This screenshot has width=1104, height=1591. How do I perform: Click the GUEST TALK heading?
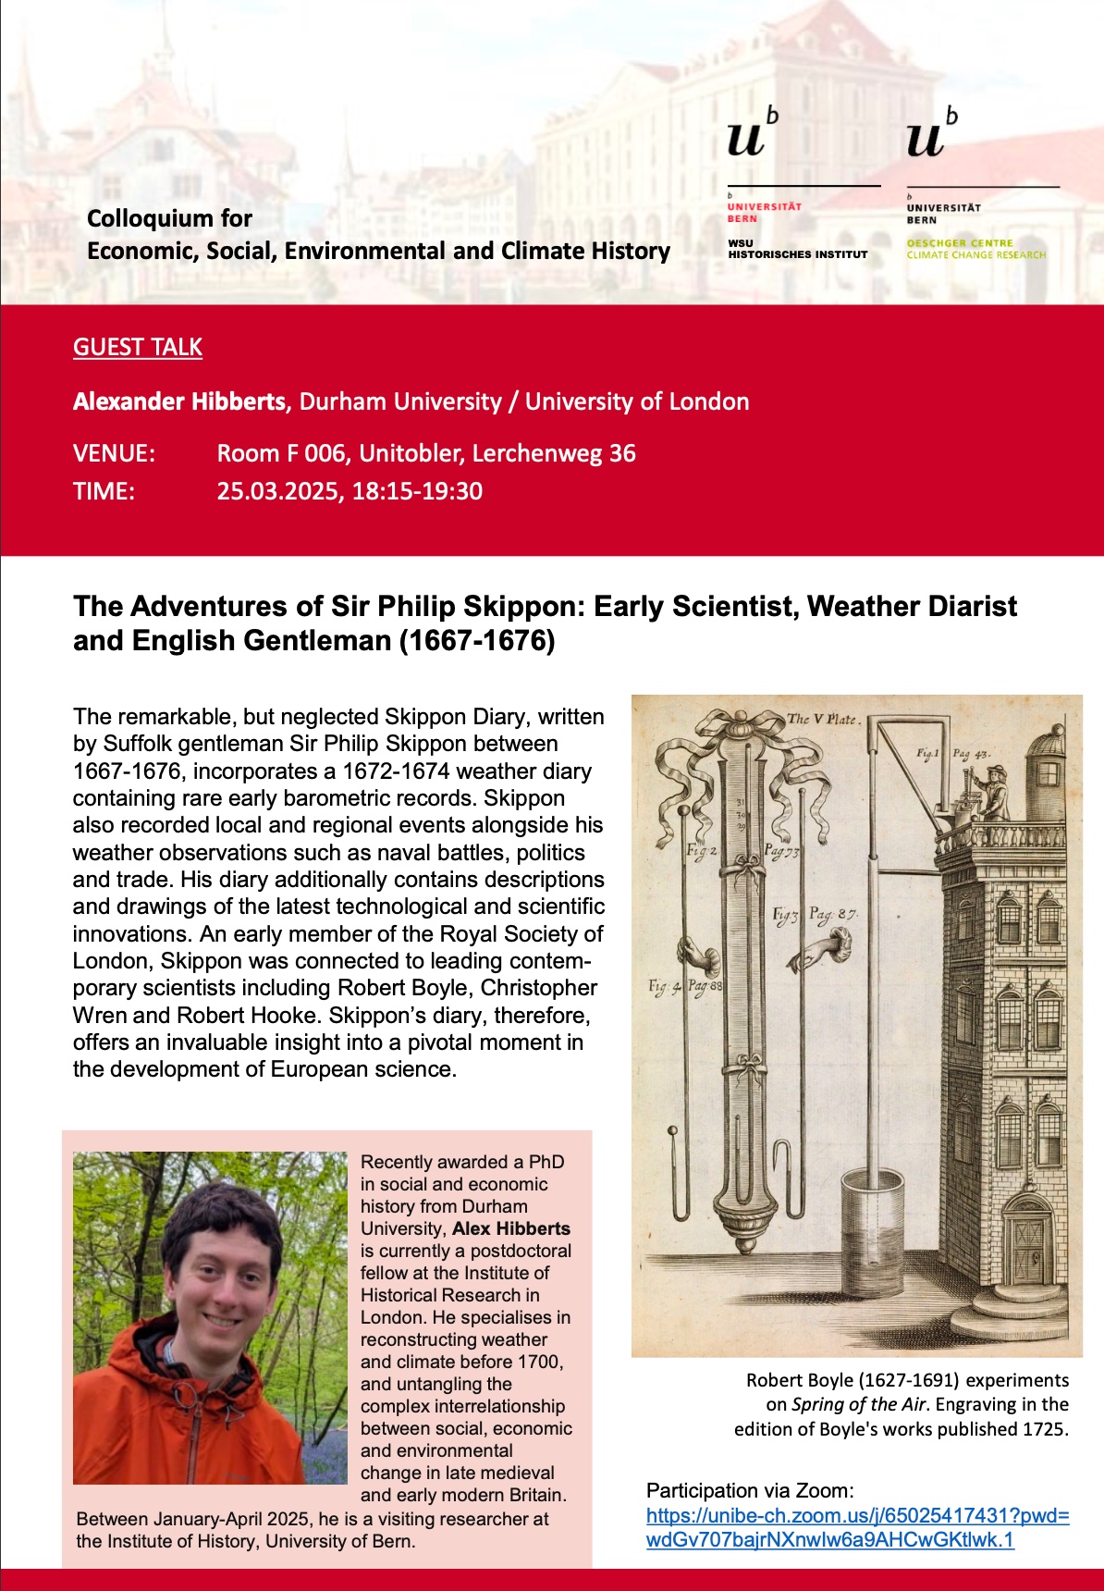click(x=138, y=347)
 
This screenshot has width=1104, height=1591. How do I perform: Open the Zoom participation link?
click(x=857, y=1527)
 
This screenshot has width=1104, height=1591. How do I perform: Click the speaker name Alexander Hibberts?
click(x=179, y=401)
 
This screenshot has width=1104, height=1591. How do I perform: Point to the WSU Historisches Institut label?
click(x=797, y=249)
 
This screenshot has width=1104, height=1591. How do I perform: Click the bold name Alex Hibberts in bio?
click(x=511, y=1228)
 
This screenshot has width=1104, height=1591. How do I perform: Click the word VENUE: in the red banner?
click(x=115, y=453)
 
